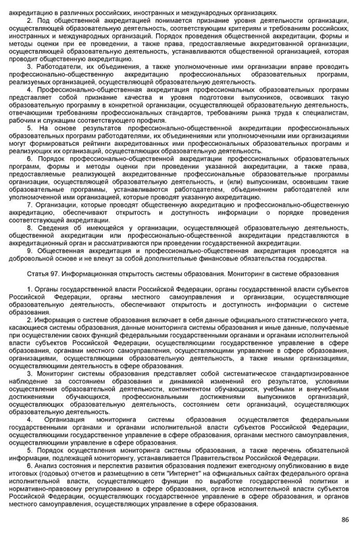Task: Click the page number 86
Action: coord(344,519)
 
